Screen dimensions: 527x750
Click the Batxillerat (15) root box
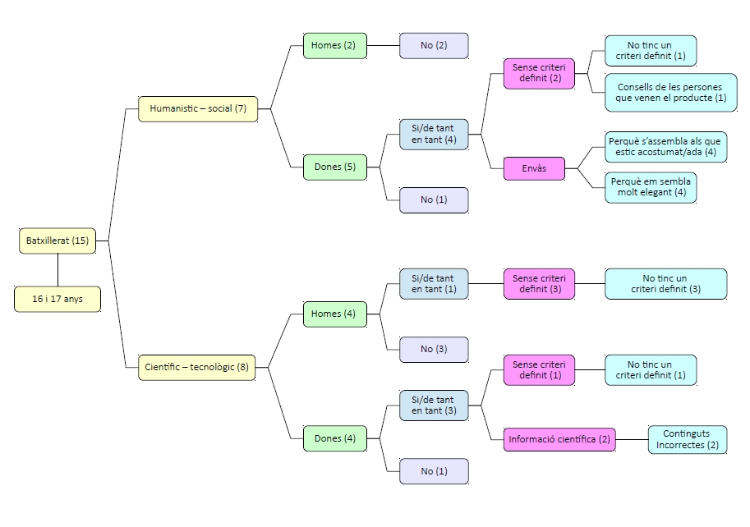(x=58, y=241)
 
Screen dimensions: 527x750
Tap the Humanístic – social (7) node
(x=198, y=108)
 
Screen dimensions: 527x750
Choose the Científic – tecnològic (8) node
(x=196, y=367)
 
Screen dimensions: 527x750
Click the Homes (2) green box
(x=334, y=45)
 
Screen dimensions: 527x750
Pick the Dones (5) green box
(x=334, y=167)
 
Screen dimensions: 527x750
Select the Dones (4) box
(x=334, y=438)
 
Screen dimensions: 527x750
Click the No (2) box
(x=434, y=45)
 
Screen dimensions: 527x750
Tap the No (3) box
(x=434, y=350)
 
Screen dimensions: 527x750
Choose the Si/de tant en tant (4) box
(x=434, y=134)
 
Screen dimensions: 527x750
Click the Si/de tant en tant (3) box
(x=434, y=405)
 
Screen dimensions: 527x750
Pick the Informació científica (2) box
(x=559, y=439)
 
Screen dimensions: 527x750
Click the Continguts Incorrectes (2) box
(x=687, y=439)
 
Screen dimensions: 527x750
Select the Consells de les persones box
(x=671, y=92)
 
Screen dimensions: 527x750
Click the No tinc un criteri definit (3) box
(x=665, y=283)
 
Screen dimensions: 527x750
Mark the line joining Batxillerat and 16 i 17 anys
(x=58, y=270)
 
